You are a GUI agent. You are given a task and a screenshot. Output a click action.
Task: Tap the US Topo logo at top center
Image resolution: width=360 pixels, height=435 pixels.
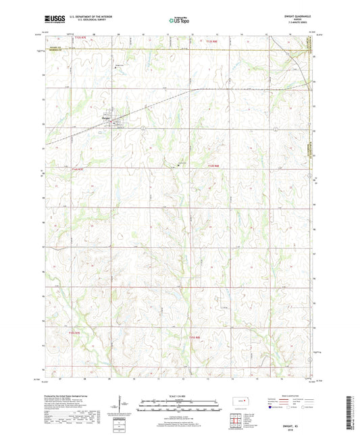coord(179,21)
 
